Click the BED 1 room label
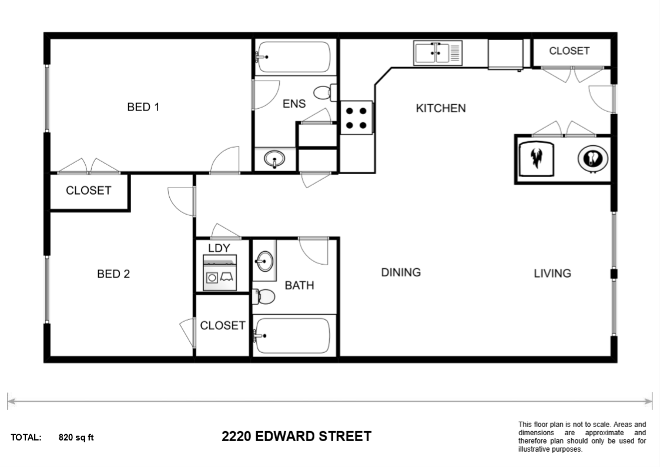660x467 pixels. [x=143, y=107]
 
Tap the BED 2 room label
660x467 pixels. [x=113, y=274]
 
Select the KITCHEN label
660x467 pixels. [x=441, y=108]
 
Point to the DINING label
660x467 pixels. [x=401, y=272]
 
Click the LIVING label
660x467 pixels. [x=552, y=273]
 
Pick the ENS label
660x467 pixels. [x=294, y=104]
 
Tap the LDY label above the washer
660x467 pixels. [x=219, y=248]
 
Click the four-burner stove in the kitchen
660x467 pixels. [x=357, y=117]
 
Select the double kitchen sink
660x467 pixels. [x=438, y=54]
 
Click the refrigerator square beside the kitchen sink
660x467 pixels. [x=505, y=54]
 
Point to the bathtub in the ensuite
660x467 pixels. [x=294, y=57]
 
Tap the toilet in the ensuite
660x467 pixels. [x=324, y=93]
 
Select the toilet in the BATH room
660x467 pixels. [x=264, y=297]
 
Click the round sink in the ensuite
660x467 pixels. [x=274, y=159]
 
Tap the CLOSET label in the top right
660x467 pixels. [x=569, y=51]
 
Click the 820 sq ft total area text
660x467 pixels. [x=76, y=438]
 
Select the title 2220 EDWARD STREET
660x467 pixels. [x=296, y=436]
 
